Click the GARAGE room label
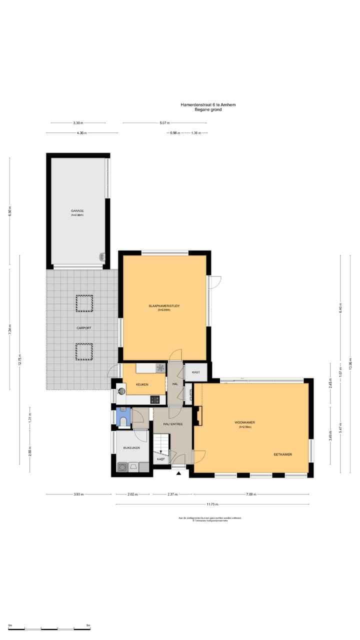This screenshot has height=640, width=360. point(77,211)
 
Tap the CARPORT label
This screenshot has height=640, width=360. point(83,328)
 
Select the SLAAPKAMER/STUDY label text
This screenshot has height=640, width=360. point(164,305)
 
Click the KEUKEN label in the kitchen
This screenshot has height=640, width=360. point(141,384)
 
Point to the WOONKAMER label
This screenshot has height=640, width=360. point(245,422)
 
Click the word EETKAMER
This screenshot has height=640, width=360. point(282,454)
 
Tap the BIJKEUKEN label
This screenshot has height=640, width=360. point(131,448)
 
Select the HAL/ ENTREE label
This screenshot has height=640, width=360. point(172,424)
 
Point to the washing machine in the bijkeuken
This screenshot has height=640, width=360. point(122,467)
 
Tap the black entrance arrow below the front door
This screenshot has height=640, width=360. point(178,472)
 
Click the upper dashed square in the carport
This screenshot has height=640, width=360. point(84,303)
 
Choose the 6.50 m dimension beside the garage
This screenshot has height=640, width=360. point(9,211)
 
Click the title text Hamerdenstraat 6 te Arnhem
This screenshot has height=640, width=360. point(208,104)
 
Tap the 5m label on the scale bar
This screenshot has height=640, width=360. point(88,625)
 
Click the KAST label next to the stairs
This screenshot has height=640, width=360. point(161,459)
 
